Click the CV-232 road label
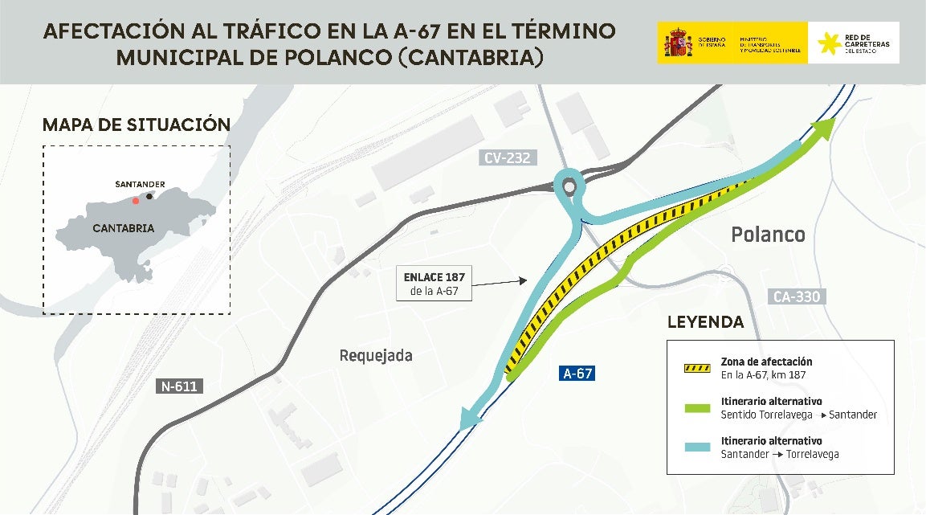click(x=507, y=158)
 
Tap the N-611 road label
click(x=178, y=386)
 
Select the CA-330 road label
click(x=797, y=296)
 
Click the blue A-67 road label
click(x=578, y=374)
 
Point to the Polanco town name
click(x=768, y=235)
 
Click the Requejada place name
click(x=376, y=355)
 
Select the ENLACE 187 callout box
click(x=434, y=284)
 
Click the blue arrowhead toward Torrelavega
click(x=470, y=418)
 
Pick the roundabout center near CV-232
click(x=569, y=187)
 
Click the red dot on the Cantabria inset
click(x=135, y=201)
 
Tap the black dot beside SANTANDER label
click(x=149, y=196)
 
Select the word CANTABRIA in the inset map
click(x=124, y=228)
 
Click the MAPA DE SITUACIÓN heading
click(x=136, y=125)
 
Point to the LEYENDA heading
click(x=705, y=322)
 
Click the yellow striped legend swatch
click(x=696, y=368)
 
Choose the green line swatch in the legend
click(x=696, y=407)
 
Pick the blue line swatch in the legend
click(x=696, y=447)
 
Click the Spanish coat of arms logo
click(x=678, y=43)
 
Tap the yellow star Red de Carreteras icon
click(x=829, y=43)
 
